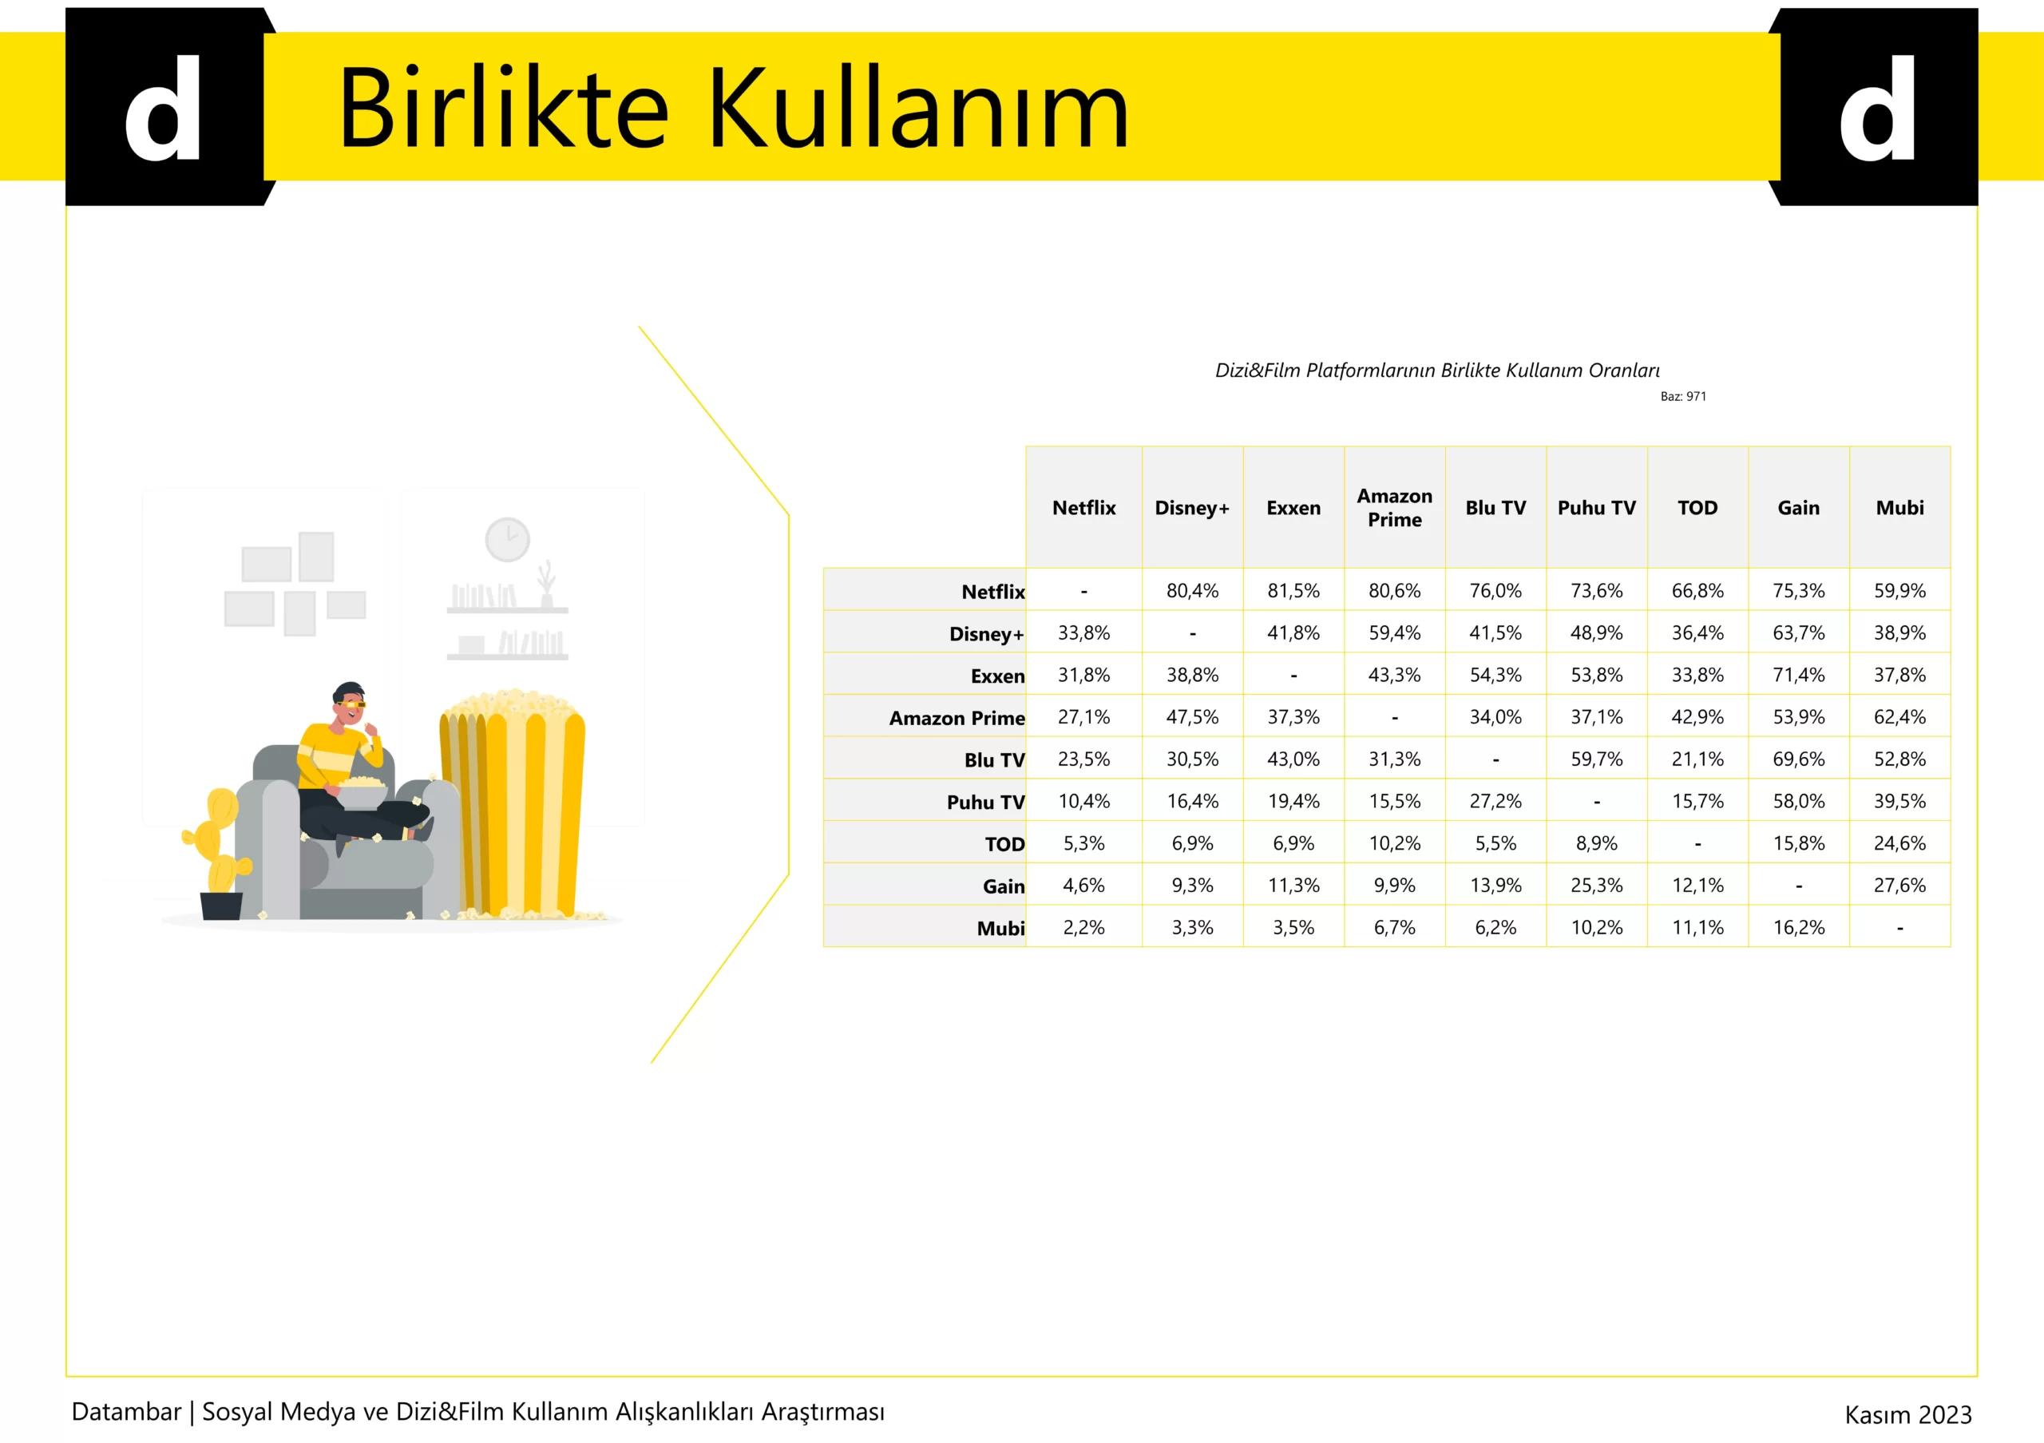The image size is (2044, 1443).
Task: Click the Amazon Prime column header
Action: point(1394,507)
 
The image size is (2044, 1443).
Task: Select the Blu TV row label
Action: point(994,760)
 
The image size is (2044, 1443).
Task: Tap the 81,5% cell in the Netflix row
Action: point(1293,590)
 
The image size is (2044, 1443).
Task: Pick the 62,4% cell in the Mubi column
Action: point(1899,716)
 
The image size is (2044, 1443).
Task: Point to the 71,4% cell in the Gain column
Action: point(1798,675)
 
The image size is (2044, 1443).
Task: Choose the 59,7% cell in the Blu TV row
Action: point(1596,759)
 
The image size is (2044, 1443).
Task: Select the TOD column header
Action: point(1697,507)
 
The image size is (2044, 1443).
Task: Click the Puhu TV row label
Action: point(985,802)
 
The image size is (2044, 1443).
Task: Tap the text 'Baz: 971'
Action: point(1683,396)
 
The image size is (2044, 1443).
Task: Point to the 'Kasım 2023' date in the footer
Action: point(1907,1414)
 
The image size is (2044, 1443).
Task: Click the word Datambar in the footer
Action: point(126,1412)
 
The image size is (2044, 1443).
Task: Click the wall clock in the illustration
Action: point(508,540)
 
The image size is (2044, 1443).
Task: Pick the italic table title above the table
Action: point(1437,371)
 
